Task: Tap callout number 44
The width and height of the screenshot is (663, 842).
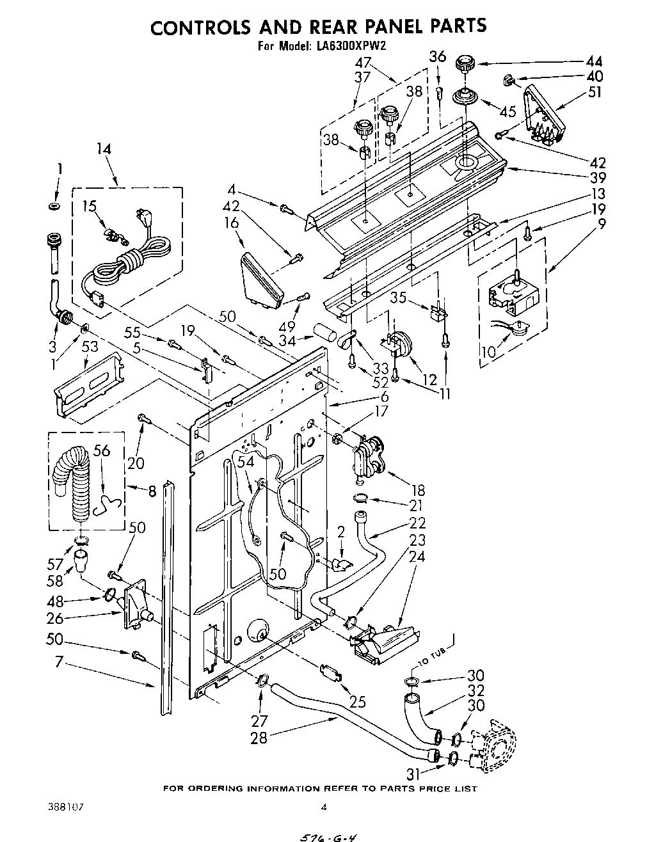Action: click(593, 61)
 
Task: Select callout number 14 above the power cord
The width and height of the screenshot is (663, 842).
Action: click(104, 149)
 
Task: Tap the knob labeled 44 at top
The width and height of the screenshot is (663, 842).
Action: click(465, 64)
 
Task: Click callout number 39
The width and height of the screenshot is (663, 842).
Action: click(598, 177)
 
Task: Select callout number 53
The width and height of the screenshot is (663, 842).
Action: click(90, 347)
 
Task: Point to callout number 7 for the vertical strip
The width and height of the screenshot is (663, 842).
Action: click(59, 662)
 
